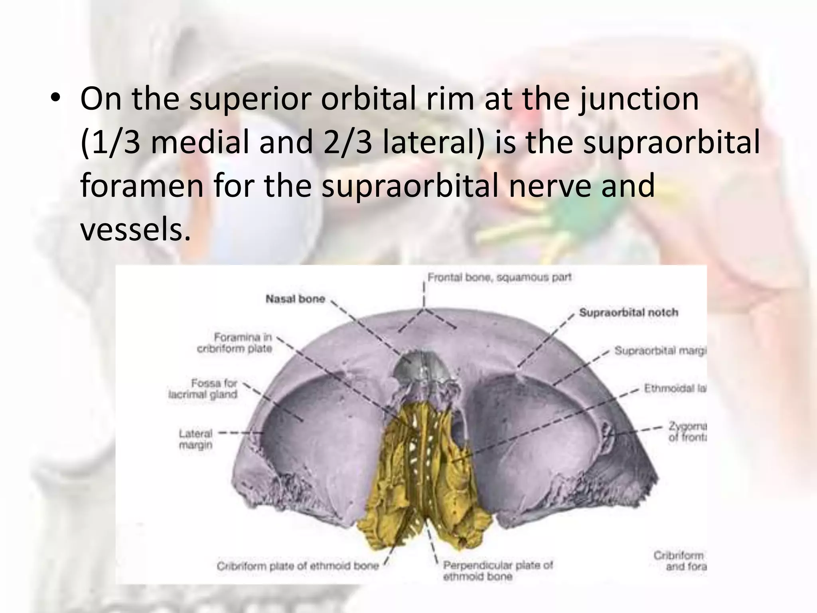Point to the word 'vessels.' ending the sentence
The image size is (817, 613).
pos(135,230)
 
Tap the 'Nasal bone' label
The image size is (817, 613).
pos(295,299)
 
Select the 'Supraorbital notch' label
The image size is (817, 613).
pos(628,312)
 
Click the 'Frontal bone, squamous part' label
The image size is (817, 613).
pos(499,277)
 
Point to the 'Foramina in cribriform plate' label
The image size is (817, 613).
pos(235,343)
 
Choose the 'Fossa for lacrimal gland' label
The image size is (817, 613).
pos(203,389)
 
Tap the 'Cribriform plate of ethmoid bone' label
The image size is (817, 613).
pos(298,566)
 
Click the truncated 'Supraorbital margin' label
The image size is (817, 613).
pos(660,351)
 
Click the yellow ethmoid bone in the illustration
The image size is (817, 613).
pos(423,479)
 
